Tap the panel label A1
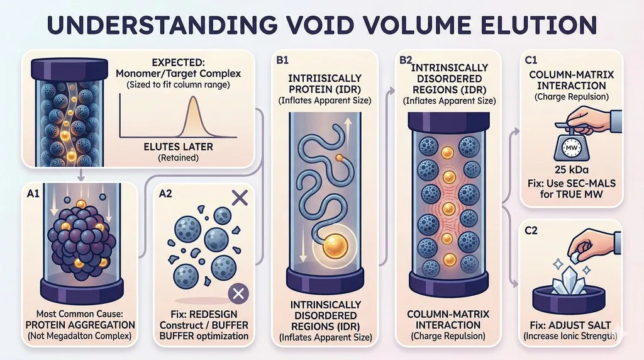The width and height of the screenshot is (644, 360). (x=33, y=193)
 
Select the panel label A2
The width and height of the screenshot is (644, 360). (x=165, y=194)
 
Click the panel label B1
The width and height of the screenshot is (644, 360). (x=282, y=60)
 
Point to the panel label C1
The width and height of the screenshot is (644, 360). (x=531, y=60)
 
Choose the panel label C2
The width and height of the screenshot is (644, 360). (x=531, y=230)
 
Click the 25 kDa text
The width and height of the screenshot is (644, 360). (x=571, y=170)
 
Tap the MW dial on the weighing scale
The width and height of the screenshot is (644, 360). (x=571, y=147)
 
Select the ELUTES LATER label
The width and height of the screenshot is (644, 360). (x=178, y=147)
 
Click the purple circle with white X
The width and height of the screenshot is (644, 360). (x=238, y=293)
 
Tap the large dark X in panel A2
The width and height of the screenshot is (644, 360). (x=240, y=198)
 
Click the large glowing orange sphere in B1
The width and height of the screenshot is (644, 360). (x=335, y=245)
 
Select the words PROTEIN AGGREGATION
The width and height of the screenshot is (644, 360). (x=80, y=325)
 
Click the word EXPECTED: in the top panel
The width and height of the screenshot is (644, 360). (x=178, y=62)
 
